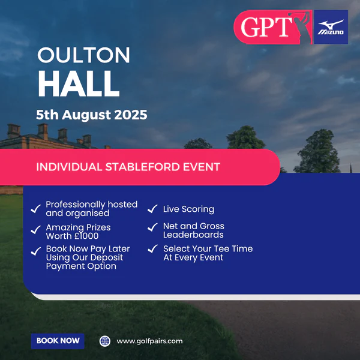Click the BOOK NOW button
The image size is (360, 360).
(58, 341)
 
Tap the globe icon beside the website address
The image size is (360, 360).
(105, 341)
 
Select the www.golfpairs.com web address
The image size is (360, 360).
(149, 341)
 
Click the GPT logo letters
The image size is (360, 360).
(266, 27)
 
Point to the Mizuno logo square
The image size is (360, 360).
(331, 27)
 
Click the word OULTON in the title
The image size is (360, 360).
(83, 55)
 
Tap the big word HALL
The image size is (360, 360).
(79, 83)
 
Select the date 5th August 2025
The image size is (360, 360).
(92, 115)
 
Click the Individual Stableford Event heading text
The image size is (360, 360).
(128, 167)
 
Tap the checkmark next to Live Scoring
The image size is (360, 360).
(152, 209)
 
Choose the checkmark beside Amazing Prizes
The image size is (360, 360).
(36, 230)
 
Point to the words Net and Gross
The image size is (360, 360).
(194, 226)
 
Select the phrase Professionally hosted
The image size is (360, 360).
(92, 205)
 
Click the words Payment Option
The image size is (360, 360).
(81, 266)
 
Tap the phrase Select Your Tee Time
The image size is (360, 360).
(208, 248)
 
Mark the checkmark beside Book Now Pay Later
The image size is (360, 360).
(36, 251)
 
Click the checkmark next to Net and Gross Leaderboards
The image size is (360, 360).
(152, 227)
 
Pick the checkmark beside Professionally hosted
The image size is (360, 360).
(36, 209)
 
